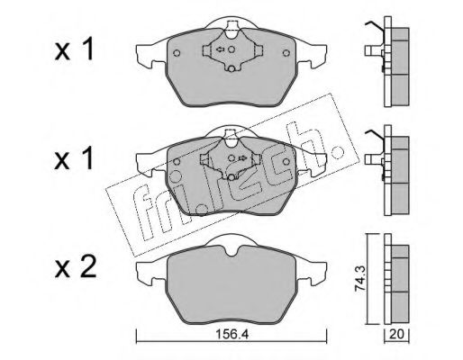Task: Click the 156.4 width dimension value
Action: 232,334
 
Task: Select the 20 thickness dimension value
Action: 396,334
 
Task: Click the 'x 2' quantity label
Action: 75,267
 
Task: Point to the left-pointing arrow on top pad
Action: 221,49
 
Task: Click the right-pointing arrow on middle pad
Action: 242,158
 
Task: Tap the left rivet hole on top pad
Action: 177,53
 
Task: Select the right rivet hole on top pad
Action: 286,53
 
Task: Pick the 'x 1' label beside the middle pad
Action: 74,158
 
